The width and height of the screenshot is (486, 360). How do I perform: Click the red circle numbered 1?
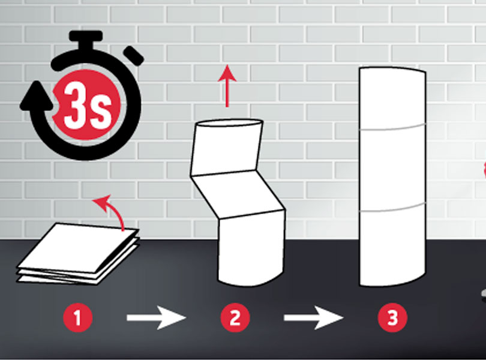click(78, 318)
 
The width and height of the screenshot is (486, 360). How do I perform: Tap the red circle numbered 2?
click(235, 318)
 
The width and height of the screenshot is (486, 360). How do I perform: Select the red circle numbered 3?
click(392, 318)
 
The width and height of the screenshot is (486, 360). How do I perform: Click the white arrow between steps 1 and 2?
click(156, 317)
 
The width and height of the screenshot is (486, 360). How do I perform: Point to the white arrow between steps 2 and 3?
click(313, 317)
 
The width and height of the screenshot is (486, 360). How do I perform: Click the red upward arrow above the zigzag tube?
click(227, 86)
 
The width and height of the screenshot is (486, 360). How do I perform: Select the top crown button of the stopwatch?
click(86, 40)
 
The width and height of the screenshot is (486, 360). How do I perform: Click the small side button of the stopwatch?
click(134, 56)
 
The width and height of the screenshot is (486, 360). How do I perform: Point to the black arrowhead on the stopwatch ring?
click(36, 95)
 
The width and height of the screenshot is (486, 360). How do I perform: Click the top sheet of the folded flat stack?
click(78, 247)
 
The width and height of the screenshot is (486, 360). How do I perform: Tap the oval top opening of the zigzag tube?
click(230, 123)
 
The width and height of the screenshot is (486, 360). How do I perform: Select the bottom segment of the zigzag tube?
click(251, 248)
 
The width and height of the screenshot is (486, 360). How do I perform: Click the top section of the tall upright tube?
click(392, 98)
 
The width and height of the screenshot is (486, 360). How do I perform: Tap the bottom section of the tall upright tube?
click(392, 247)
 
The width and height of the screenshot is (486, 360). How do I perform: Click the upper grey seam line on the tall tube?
click(392, 128)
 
